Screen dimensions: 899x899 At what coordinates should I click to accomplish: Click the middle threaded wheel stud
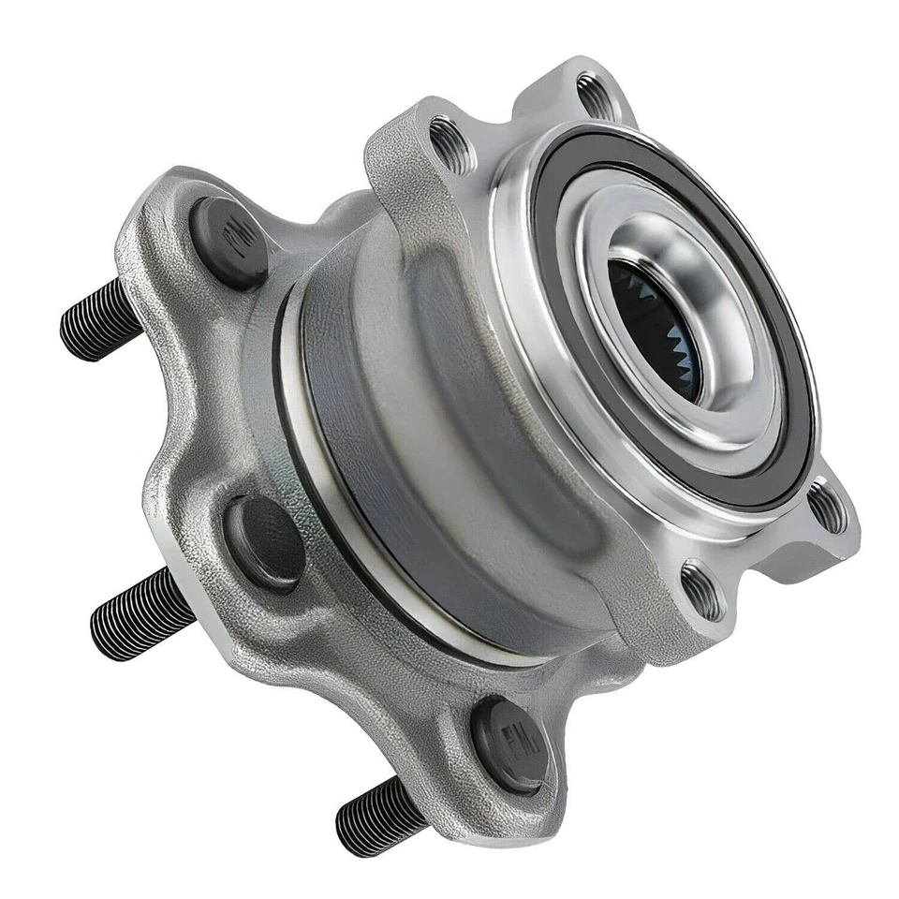tap(140, 613)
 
